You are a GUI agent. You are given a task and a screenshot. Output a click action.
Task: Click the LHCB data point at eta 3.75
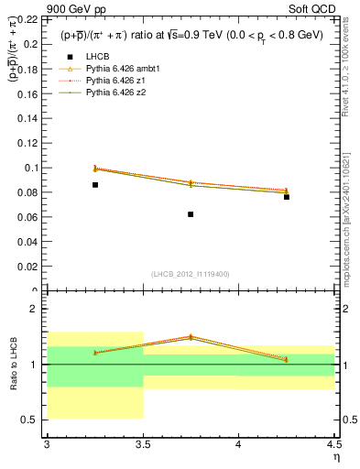click(x=191, y=214)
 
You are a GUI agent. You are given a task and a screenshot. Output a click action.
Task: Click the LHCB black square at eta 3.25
click(x=94, y=185)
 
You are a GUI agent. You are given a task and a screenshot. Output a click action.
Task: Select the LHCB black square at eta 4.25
click(x=287, y=197)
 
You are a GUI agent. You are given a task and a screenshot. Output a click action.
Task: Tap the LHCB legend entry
click(x=96, y=57)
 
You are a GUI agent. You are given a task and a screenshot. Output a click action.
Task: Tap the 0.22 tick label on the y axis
click(x=30, y=19)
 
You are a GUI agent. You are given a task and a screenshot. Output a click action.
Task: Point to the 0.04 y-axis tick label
click(x=30, y=242)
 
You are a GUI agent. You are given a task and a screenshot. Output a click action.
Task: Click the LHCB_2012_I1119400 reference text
click(x=190, y=274)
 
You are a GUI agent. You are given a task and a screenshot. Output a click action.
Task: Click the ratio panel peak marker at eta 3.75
click(x=191, y=336)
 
